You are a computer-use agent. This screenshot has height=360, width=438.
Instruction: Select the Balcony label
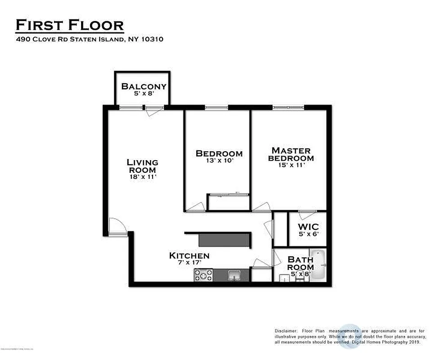(144, 86)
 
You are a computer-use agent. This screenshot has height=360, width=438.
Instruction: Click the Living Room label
(142, 166)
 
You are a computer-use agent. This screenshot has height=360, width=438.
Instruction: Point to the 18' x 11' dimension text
(142, 177)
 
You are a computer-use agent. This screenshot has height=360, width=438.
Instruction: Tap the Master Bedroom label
(291, 154)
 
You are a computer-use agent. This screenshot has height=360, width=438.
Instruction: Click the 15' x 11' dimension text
(291, 165)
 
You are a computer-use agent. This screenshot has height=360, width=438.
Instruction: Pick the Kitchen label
(189, 256)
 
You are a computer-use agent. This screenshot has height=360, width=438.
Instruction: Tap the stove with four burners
(203, 275)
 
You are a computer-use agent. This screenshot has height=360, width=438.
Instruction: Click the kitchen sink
(234, 275)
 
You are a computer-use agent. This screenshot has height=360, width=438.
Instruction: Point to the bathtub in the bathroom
(318, 265)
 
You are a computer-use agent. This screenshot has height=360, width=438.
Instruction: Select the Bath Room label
(301, 263)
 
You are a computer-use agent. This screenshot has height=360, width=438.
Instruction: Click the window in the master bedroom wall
(288, 108)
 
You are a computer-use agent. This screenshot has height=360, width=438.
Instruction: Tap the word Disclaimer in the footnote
(287, 331)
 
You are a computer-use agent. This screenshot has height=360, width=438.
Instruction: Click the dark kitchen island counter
(223, 240)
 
